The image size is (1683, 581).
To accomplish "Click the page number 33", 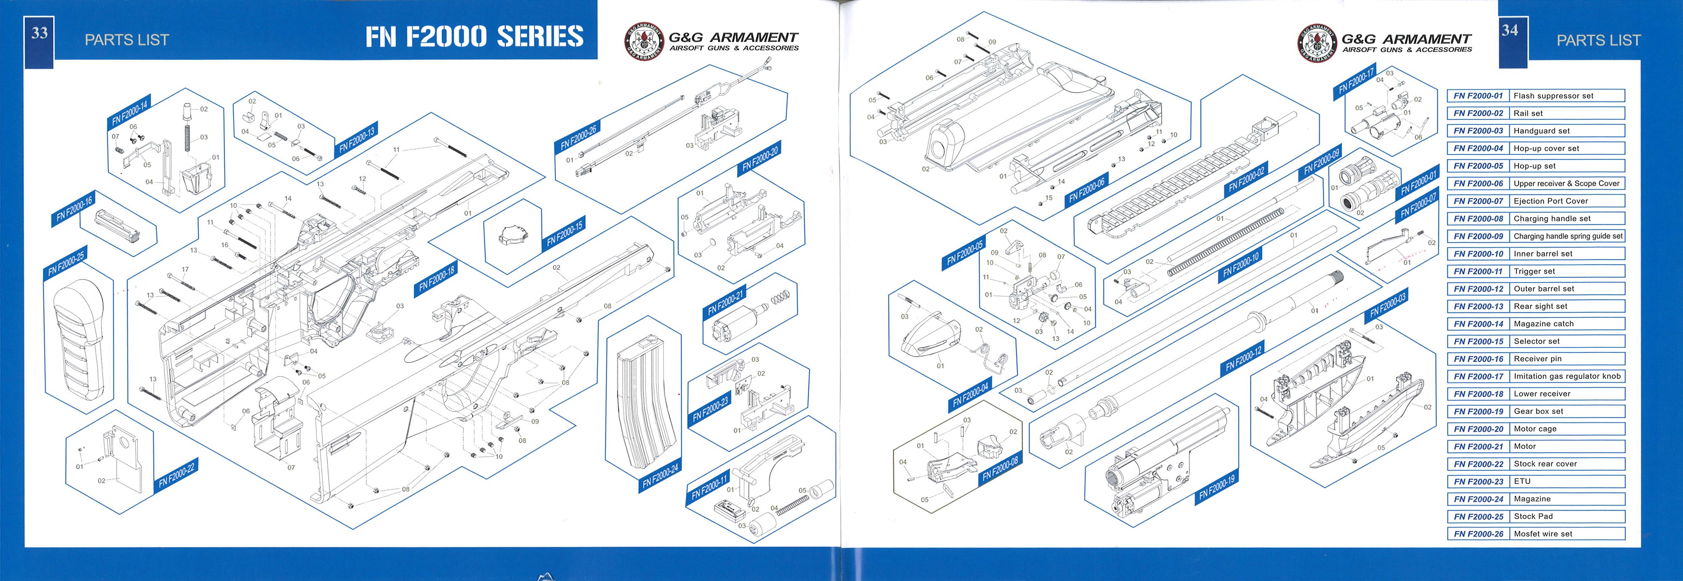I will tap(39, 33).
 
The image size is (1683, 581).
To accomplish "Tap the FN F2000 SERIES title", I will tap(474, 37).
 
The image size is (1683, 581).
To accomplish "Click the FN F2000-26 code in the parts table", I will tap(1478, 534).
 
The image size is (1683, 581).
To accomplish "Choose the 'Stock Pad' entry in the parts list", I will tap(1533, 516).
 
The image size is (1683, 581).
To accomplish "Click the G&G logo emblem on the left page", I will tap(644, 41).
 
